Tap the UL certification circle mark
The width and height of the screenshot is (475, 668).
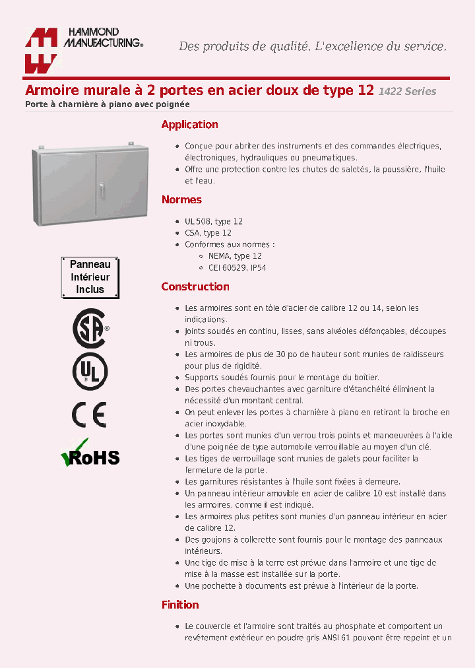click(90, 371)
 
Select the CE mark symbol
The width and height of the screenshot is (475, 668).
click(89, 415)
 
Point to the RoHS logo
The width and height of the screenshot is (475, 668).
click(90, 454)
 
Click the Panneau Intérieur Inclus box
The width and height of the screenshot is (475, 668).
click(90, 277)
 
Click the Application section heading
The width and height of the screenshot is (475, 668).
click(189, 125)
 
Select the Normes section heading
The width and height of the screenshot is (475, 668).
click(181, 200)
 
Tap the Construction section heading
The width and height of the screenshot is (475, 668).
click(195, 287)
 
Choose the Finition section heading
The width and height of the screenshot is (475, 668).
click(180, 605)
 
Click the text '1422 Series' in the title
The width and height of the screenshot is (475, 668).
click(407, 92)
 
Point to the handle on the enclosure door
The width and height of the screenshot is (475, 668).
click(102, 189)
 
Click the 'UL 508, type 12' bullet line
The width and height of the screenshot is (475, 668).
click(214, 222)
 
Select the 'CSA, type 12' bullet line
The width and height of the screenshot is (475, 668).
click(208, 233)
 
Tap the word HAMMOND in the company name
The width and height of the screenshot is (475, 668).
click(91, 32)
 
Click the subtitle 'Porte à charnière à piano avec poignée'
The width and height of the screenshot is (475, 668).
click(108, 104)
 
